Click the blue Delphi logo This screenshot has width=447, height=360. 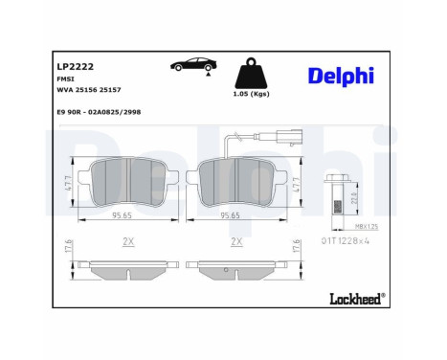click(341, 76)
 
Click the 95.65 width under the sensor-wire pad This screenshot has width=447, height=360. click(230, 215)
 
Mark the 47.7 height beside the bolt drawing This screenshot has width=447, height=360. click(298, 182)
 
